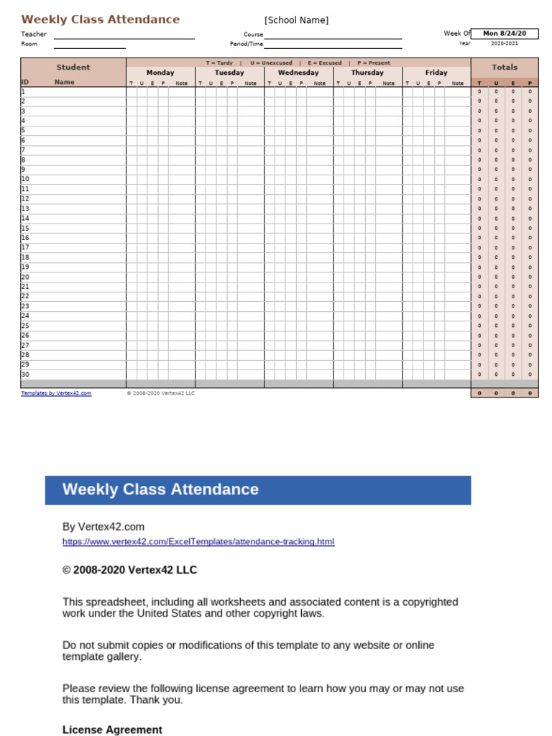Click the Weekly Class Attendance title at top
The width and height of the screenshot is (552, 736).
101,19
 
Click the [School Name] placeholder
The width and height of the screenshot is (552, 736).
296,20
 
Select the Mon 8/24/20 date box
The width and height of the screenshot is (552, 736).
504,33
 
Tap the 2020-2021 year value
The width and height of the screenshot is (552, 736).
504,43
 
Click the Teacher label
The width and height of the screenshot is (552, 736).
34,34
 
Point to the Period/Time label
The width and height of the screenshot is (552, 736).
247,44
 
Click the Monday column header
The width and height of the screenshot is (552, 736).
160,73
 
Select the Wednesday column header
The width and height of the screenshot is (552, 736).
298,73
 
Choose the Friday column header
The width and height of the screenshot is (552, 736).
436,73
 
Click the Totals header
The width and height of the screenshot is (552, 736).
504,68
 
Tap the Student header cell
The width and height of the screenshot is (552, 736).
73,68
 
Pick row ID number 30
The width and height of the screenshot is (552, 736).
25,374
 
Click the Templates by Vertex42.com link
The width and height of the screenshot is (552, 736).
56,393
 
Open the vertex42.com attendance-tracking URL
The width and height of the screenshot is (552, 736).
198,541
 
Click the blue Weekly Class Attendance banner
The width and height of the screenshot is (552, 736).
257,489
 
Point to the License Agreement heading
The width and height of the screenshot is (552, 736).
112,730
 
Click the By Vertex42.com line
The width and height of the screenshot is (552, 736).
103,527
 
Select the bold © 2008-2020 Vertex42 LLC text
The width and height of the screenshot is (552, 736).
129,570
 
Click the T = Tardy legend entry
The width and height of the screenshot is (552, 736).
219,63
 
